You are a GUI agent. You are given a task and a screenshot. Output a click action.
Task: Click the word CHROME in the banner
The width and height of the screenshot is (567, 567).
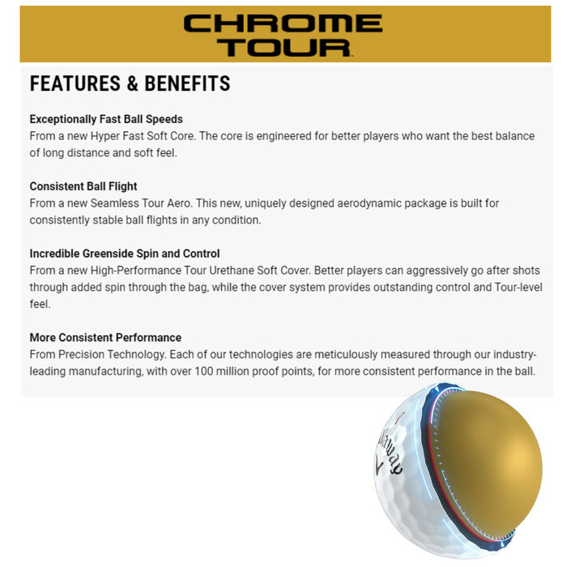(x=283, y=23)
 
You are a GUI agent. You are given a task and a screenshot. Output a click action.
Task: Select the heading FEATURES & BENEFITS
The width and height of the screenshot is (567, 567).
(x=130, y=83)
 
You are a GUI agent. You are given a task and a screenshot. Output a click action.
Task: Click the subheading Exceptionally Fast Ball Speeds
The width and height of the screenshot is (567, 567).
(x=106, y=119)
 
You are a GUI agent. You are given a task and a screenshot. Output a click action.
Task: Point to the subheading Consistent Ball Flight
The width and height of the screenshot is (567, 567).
(x=83, y=186)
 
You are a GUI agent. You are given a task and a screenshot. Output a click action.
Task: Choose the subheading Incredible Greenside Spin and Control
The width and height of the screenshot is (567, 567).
(x=125, y=254)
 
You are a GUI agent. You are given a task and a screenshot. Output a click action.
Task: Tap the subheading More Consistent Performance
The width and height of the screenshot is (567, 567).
(x=105, y=338)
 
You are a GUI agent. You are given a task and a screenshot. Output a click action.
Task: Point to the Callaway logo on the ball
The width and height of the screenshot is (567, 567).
(x=390, y=454)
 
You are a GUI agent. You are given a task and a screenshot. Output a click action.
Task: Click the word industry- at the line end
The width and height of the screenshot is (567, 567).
(x=509, y=355)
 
